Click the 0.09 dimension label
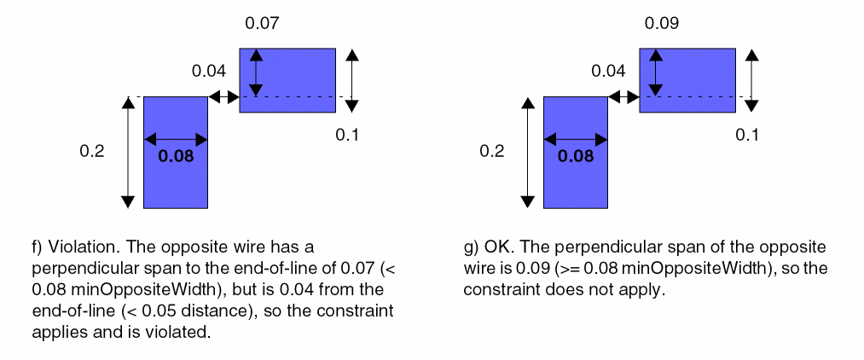[662, 23]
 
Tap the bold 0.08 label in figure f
[177, 156]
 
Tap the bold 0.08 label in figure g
[577, 156]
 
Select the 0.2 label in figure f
[91, 151]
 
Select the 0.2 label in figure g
[491, 151]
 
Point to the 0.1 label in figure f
[347, 134]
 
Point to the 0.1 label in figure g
[747, 134]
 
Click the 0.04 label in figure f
[209, 71]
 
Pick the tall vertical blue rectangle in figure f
[176, 183]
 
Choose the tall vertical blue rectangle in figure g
[576, 183]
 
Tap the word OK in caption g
[496, 247]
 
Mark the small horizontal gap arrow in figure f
[223, 97]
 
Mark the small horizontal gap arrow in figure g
[623, 97]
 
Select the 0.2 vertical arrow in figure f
[128, 152]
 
